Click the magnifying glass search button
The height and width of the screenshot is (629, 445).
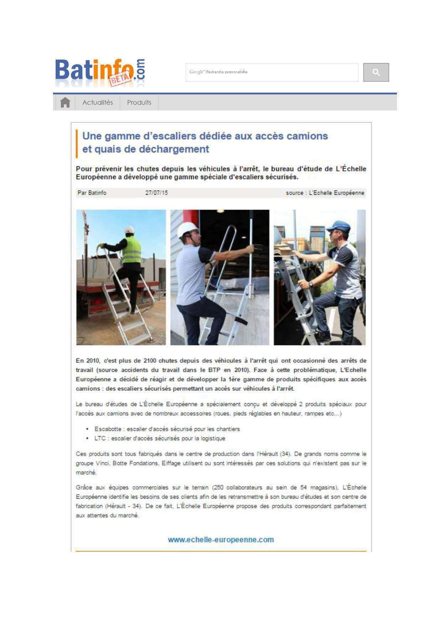tap(376, 72)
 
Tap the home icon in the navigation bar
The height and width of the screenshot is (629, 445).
tap(65, 103)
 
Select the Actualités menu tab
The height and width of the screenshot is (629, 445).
tap(97, 103)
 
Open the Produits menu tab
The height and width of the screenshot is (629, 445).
tap(139, 103)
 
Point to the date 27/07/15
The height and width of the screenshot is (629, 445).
tap(156, 193)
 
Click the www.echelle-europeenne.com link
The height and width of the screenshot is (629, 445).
tap(221, 540)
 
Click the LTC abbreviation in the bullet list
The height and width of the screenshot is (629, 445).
tap(100, 438)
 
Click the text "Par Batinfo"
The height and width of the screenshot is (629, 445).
tap(92, 193)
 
